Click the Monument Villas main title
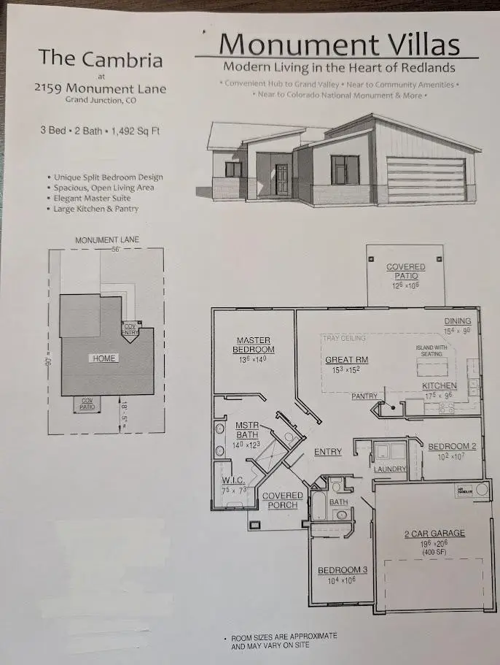(x=339, y=45)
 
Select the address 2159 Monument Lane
(x=100, y=88)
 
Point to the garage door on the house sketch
(x=426, y=181)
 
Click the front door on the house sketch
(x=282, y=180)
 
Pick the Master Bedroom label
(x=254, y=345)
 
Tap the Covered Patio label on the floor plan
(x=405, y=272)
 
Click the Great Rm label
(x=347, y=360)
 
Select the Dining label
(x=458, y=321)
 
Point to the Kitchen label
(x=440, y=385)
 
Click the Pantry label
(x=364, y=396)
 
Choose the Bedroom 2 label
(x=452, y=446)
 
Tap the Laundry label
(x=389, y=468)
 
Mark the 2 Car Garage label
(x=434, y=534)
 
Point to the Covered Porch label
(x=282, y=500)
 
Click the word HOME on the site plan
(x=103, y=358)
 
